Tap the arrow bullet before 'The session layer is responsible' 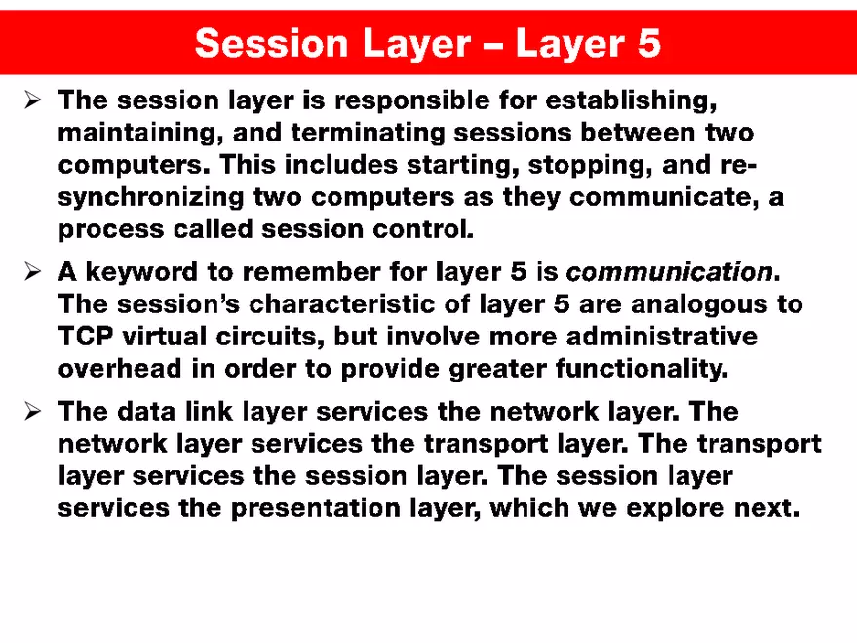point(31,100)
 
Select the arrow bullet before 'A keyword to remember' point(31,270)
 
